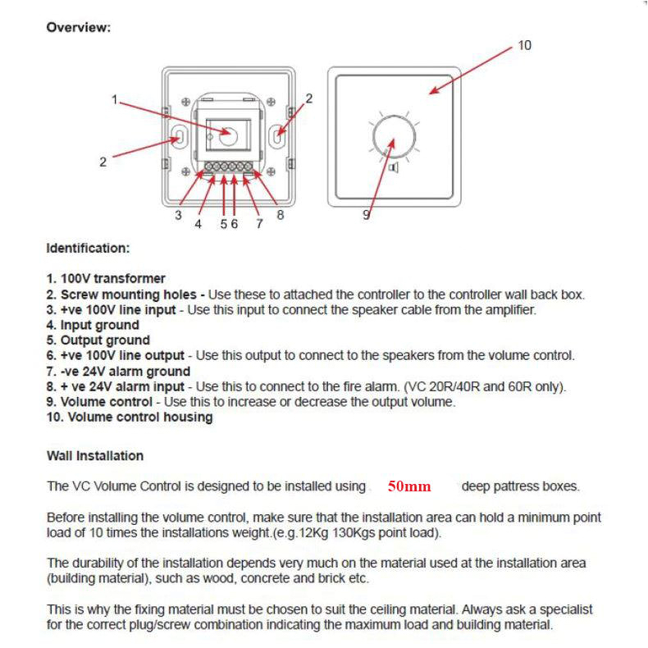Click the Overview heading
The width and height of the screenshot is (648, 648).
[x=78, y=28]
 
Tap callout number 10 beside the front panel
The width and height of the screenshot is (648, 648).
[x=524, y=45]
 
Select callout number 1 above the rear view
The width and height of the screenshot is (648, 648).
[x=115, y=100]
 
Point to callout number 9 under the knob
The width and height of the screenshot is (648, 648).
[x=367, y=215]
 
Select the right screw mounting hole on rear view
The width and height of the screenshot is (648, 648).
[x=280, y=137]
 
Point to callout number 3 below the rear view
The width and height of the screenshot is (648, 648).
[x=177, y=216]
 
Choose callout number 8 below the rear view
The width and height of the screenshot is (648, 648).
[x=280, y=216]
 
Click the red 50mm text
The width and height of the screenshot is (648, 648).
[x=409, y=486]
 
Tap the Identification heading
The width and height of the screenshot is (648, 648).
[x=88, y=248]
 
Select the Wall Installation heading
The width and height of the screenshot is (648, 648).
[x=95, y=456]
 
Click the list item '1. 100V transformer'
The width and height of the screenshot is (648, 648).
[x=106, y=279]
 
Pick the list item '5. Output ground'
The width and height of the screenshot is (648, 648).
[x=98, y=340]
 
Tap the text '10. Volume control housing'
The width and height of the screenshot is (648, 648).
[x=130, y=418]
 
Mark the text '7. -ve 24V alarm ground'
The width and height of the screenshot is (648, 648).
[x=118, y=372]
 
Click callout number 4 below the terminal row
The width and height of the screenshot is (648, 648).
[x=198, y=224]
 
